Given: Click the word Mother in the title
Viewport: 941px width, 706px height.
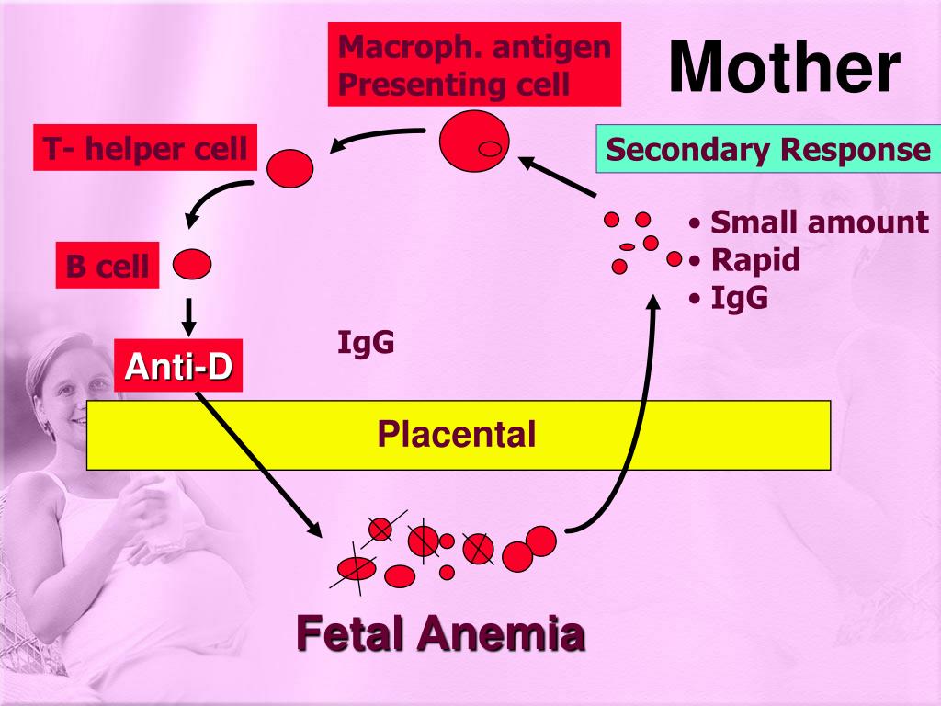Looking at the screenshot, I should (783, 69).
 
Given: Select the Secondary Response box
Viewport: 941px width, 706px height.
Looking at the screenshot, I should (767, 150).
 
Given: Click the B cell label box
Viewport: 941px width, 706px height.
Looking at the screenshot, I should (107, 267).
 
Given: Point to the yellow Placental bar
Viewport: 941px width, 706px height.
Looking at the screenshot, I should (458, 434).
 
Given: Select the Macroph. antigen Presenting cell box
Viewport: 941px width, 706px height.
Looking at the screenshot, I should (474, 64).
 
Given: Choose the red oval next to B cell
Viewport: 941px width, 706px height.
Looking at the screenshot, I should (192, 265).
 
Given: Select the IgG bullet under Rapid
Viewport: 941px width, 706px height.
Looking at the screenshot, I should (739, 299).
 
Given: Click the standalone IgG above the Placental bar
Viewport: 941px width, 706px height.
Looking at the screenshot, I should (366, 343).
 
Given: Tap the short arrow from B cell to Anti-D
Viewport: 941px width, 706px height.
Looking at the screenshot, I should (189, 315).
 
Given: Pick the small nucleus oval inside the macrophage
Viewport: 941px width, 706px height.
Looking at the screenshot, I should (491, 147).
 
